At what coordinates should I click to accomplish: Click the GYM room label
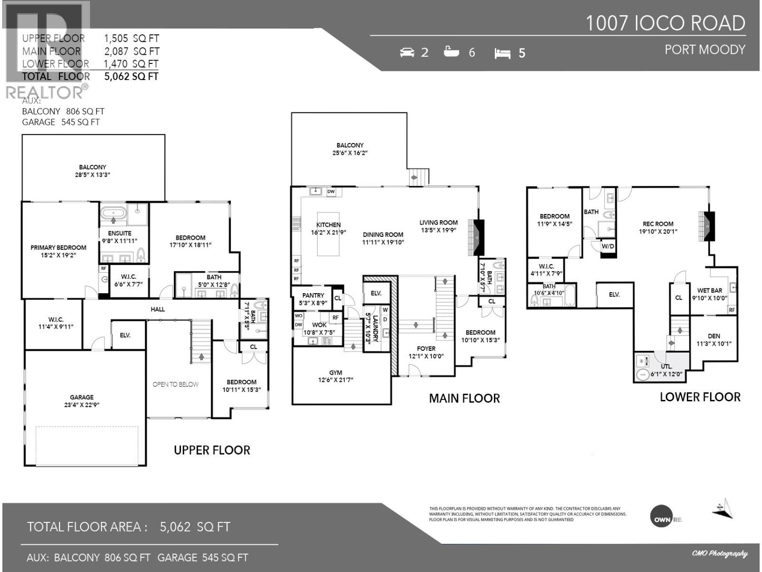coord(335,373)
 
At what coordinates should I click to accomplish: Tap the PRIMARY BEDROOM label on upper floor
coord(58,247)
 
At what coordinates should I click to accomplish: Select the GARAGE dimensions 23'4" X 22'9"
coord(81,405)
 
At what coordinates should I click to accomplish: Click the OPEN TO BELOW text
coord(175,384)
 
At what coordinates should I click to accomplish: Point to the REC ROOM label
coord(658,224)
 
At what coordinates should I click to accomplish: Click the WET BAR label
coord(709,290)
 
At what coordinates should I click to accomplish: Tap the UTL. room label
coord(666,366)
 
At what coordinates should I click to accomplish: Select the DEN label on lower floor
coord(713,336)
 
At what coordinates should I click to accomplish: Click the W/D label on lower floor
coord(608,246)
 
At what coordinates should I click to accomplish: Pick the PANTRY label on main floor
coord(313,296)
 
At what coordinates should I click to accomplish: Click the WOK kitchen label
coord(319,325)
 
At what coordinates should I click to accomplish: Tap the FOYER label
coord(426,348)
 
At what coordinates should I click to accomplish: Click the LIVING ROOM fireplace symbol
coord(476,237)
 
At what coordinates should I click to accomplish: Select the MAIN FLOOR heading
coord(464,398)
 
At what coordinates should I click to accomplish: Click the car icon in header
coord(407,52)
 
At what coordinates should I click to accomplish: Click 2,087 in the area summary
coord(116,51)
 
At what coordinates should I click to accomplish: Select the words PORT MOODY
coord(705,50)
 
